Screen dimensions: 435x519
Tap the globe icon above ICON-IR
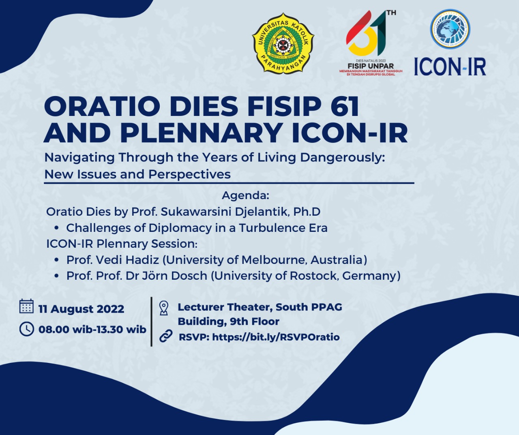[x=450, y=29]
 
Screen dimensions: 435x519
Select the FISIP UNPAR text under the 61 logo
[x=371, y=66]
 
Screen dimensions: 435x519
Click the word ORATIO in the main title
[x=101, y=107]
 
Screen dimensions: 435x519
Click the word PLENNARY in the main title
[x=201, y=133]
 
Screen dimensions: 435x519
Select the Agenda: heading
[x=245, y=195]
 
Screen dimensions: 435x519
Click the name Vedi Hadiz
[x=128, y=259]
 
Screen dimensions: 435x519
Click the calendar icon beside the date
[x=26, y=306]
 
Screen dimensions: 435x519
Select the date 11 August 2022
[x=81, y=309]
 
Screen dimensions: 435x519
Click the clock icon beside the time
[x=27, y=329]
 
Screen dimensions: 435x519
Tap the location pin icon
[x=163, y=308]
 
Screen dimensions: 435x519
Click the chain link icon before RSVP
[x=165, y=336]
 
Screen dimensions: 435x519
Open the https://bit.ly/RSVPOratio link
[x=276, y=337]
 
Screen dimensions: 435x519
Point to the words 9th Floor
[x=255, y=321]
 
